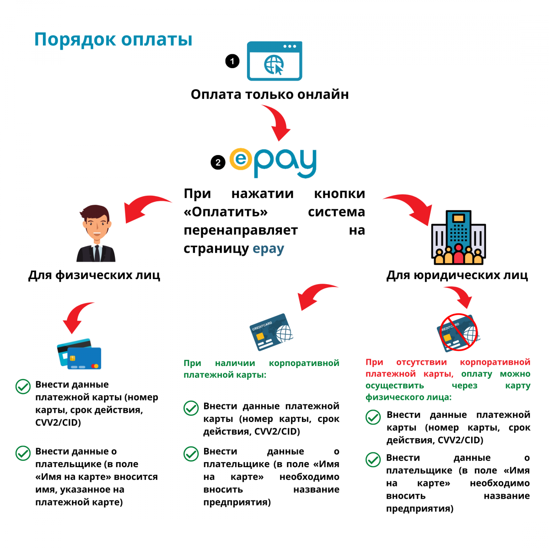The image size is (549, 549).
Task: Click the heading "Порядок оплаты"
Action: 113,39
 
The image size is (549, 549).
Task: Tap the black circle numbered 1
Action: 232,61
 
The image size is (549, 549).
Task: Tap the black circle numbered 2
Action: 218,162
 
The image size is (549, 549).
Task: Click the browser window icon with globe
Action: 274,61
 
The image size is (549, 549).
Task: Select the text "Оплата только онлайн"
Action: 269,94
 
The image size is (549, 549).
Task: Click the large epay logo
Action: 273,162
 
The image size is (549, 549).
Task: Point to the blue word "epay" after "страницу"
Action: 268,249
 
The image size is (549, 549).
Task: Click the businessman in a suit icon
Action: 96,234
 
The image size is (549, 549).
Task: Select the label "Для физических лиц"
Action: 94,275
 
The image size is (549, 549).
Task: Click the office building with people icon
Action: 458,237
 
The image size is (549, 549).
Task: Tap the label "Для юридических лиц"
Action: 457,275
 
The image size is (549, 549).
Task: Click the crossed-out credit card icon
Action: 458,333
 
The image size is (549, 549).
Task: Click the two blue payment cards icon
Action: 79,354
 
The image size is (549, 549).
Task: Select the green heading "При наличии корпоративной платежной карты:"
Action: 261,369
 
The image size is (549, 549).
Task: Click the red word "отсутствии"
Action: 421,362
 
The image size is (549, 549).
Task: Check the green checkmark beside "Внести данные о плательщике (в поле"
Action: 23,453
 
